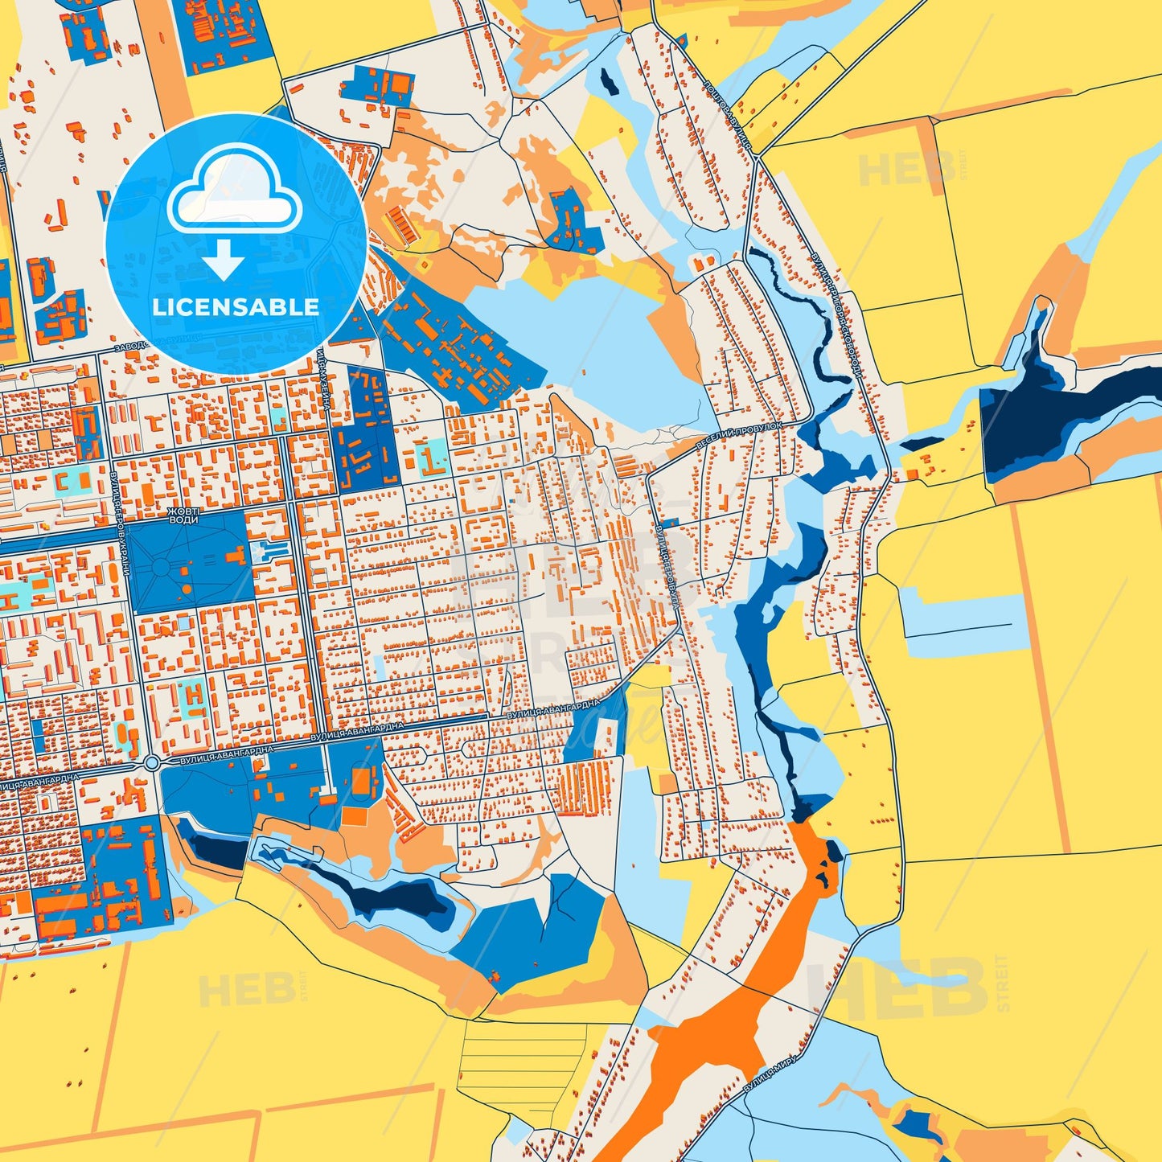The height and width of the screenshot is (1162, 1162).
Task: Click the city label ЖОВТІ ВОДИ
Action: pyautogui.click(x=181, y=515)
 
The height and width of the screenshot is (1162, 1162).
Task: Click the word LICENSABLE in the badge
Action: pyautogui.click(x=236, y=306)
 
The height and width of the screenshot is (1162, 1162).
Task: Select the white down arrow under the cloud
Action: pyautogui.click(x=224, y=259)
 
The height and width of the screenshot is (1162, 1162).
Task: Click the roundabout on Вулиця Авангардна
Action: pyautogui.click(x=151, y=762)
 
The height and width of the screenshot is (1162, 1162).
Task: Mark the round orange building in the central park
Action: pyautogui.click(x=187, y=589)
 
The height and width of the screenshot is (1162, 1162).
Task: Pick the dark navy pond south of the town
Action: pyautogui.click(x=394, y=897)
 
